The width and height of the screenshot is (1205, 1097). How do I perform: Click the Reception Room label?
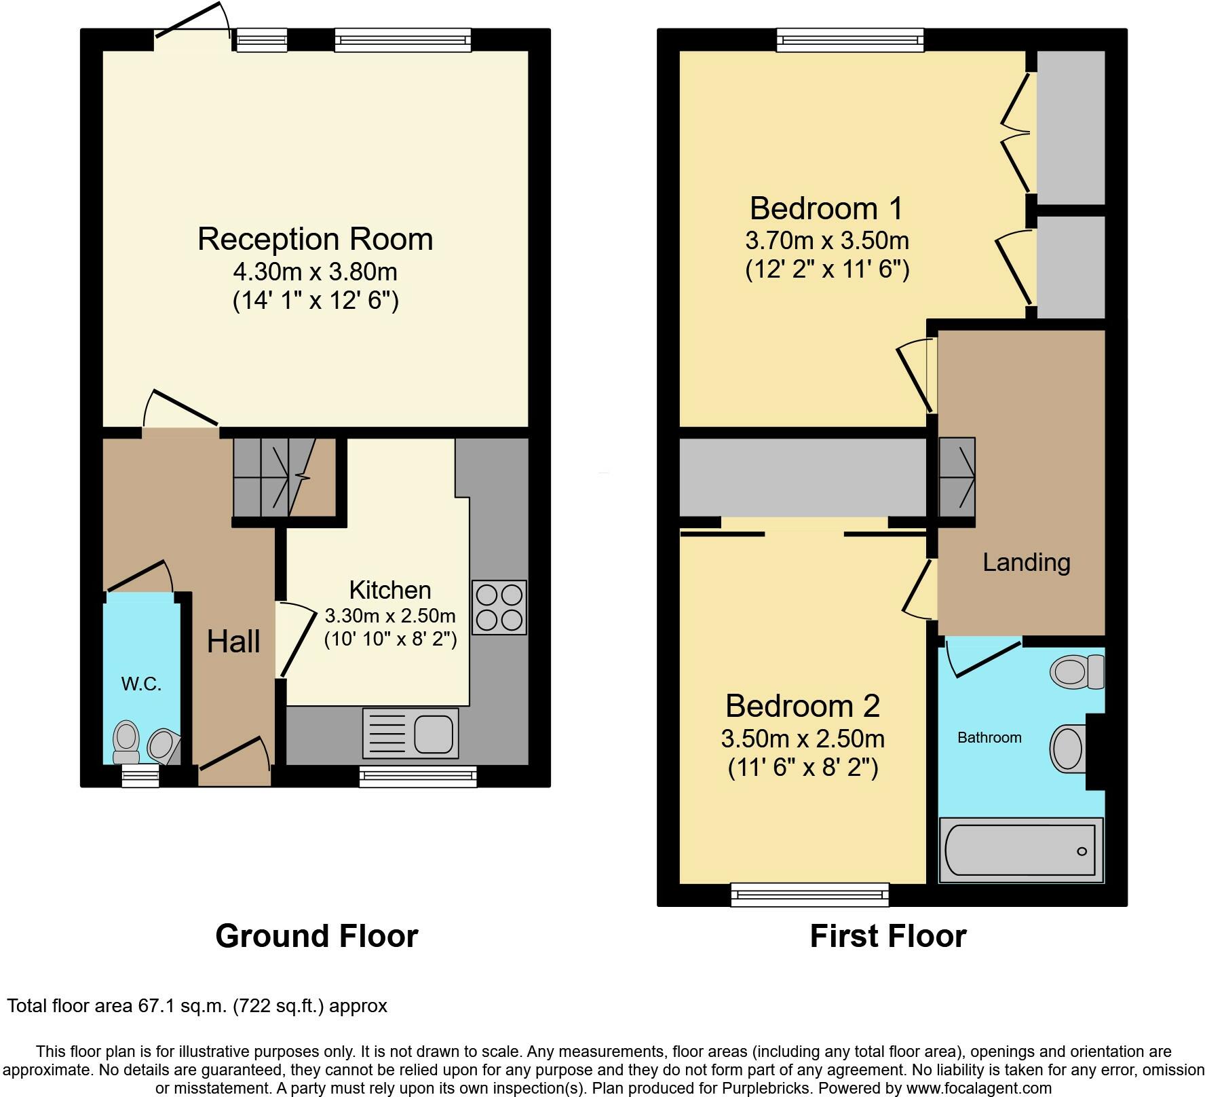[315, 240]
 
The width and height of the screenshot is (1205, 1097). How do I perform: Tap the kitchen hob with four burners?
[499, 607]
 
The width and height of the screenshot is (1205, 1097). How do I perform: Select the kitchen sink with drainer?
[410, 732]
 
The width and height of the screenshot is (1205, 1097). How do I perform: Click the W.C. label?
[141, 684]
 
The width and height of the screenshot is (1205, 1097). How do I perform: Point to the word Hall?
[233, 642]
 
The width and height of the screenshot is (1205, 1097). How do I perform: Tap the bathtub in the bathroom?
[1020, 851]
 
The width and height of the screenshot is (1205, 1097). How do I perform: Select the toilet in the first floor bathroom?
[1076, 672]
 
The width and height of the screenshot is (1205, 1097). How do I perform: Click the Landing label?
[1026, 562]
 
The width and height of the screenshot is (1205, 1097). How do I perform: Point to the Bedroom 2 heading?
[802, 706]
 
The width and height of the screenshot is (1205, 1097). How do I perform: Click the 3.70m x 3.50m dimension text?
[826, 240]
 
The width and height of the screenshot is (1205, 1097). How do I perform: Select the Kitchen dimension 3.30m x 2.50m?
[390, 616]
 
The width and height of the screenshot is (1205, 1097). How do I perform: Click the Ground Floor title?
[316, 936]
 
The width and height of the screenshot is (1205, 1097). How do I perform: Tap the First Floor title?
[887, 936]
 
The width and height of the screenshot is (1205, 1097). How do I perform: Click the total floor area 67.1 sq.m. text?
[197, 1005]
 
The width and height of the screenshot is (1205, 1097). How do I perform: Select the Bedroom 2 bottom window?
[809, 894]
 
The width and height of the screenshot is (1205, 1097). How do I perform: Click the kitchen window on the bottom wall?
[417, 776]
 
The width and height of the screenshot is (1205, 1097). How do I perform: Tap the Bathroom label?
[989, 737]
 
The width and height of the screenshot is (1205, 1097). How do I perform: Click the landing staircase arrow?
[957, 477]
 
